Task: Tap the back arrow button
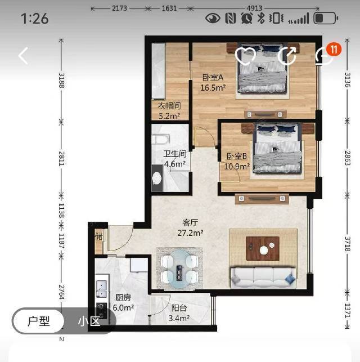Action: [23, 56]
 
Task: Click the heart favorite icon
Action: [245, 56]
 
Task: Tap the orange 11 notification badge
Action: [334, 49]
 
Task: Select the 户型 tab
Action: [39, 321]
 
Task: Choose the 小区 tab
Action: [89, 321]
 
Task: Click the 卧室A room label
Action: [213, 77]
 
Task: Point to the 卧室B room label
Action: [237, 157]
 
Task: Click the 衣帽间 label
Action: [169, 106]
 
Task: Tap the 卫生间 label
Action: [175, 154]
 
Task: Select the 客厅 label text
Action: [190, 223]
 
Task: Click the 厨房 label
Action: [123, 298]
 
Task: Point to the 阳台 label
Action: [179, 308]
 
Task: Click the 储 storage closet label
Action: [99, 236]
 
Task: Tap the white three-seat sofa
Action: [263, 278]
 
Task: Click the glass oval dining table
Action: [179, 269]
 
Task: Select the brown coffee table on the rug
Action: [263, 248]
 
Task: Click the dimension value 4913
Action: [254, 8]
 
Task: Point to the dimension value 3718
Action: [348, 244]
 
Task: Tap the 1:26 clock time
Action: [35, 19]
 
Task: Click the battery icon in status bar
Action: [326, 18]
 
